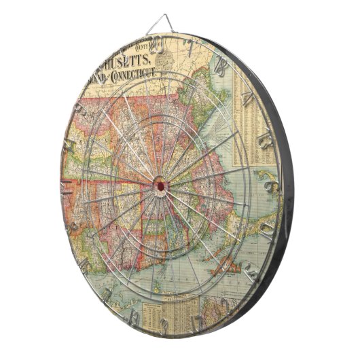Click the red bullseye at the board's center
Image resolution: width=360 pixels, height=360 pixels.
point(160,183)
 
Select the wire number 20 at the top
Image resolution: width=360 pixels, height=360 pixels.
point(158,46)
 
